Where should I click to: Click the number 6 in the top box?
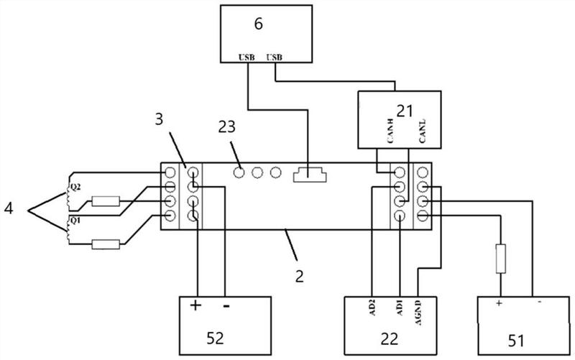tap(259, 24)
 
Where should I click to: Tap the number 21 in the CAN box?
tap(405, 111)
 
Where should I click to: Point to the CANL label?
tap(422, 131)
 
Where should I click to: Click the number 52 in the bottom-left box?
tap(215, 338)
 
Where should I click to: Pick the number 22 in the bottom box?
tap(390, 338)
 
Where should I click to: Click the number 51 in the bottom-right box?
tap(516, 341)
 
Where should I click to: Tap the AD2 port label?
tap(373, 309)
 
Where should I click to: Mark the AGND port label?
tap(418, 313)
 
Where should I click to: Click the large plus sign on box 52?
tap(195, 305)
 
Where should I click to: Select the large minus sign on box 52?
tap(226, 305)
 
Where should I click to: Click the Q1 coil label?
tap(75, 221)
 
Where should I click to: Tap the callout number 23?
tap(226, 127)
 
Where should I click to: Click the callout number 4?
tap(9, 209)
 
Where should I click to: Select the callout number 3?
tap(159, 119)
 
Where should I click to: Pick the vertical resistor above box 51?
tap(500, 259)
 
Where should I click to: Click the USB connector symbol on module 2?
tap(310, 175)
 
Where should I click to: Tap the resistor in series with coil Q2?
tap(106, 201)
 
